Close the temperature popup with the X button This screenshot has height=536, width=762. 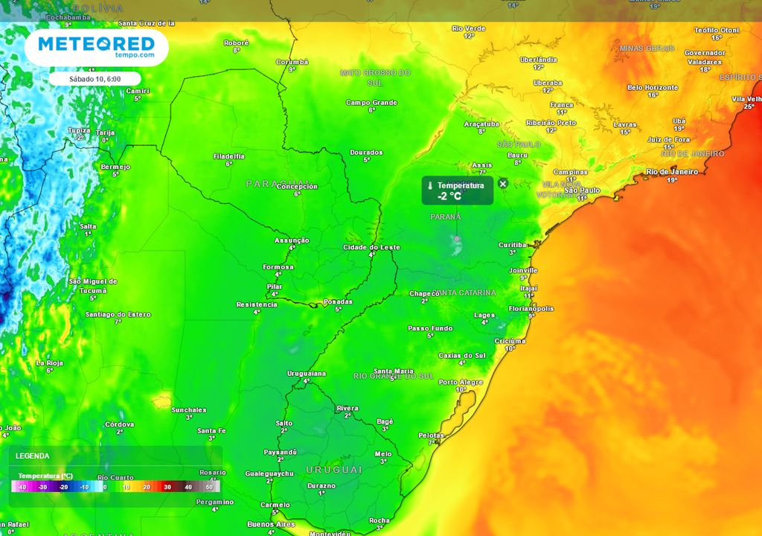coord(503,184)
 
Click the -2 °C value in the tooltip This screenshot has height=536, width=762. coord(449,197)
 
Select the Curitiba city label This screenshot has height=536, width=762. coord(512,245)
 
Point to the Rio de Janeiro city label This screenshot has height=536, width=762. coord(672,171)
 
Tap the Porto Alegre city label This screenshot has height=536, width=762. coord(461,382)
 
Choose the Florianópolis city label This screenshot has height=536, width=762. coord(531,307)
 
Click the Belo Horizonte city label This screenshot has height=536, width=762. coord(653,87)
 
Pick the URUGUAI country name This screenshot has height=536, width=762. coord(333,470)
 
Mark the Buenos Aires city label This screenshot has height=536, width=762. coord(272,524)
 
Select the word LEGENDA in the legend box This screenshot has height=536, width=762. coord(33,456)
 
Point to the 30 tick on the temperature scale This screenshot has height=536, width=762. coord(167,487)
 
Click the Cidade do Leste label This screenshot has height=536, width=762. coord(371,247)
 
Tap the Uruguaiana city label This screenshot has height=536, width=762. coord(307,373)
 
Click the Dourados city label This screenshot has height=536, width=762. coord(367,153)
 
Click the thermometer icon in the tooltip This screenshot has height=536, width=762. coord(430,185)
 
